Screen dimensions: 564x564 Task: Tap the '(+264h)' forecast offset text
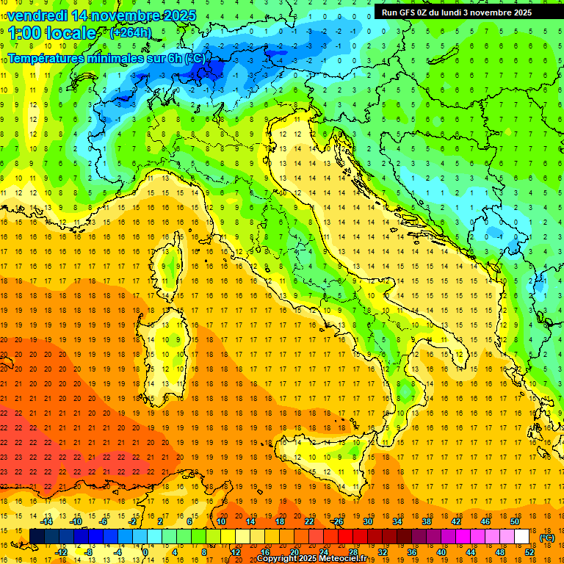pyautogui.click(x=130, y=32)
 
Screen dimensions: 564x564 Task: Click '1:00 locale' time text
pyautogui.click(x=51, y=33)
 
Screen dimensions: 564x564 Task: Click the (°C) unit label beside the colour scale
pyautogui.click(x=547, y=538)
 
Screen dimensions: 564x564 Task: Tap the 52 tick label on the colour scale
pyautogui.click(x=529, y=552)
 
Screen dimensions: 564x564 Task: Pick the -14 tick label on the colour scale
pyautogui.click(x=47, y=521)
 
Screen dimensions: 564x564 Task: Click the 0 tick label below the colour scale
pyautogui.click(x=145, y=552)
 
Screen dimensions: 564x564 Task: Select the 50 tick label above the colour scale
pyautogui.click(x=515, y=521)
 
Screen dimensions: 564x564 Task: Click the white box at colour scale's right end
pyautogui.click(x=521, y=537)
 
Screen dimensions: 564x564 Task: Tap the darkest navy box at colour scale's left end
pyautogui.click(x=36, y=537)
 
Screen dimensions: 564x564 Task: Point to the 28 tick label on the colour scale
pyautogui.click(x=352, y=552)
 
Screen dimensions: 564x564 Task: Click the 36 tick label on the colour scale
pyautogui.click(x=411, y=552)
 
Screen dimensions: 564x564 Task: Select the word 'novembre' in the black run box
pyautogui.click(x=501, y=12)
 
